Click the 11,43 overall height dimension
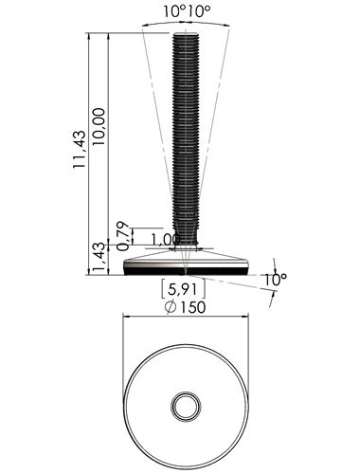pyautogui.click(x=80, y=149)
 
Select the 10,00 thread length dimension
pyautogui.click(x=99, y=126)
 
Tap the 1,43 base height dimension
pyautogui.click(x=99, y=258)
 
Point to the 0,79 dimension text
pyautogui.click(x=123, y=236)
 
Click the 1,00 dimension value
pyautogui.click(x=166, y=240)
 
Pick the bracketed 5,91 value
pyautogui.click(x=183, y=289)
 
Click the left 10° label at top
pyautogui.click(x=174, y=11)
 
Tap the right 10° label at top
pyautogui.click(x=199, y=11)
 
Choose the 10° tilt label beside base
pyautogui.click(x=275, y=280)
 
